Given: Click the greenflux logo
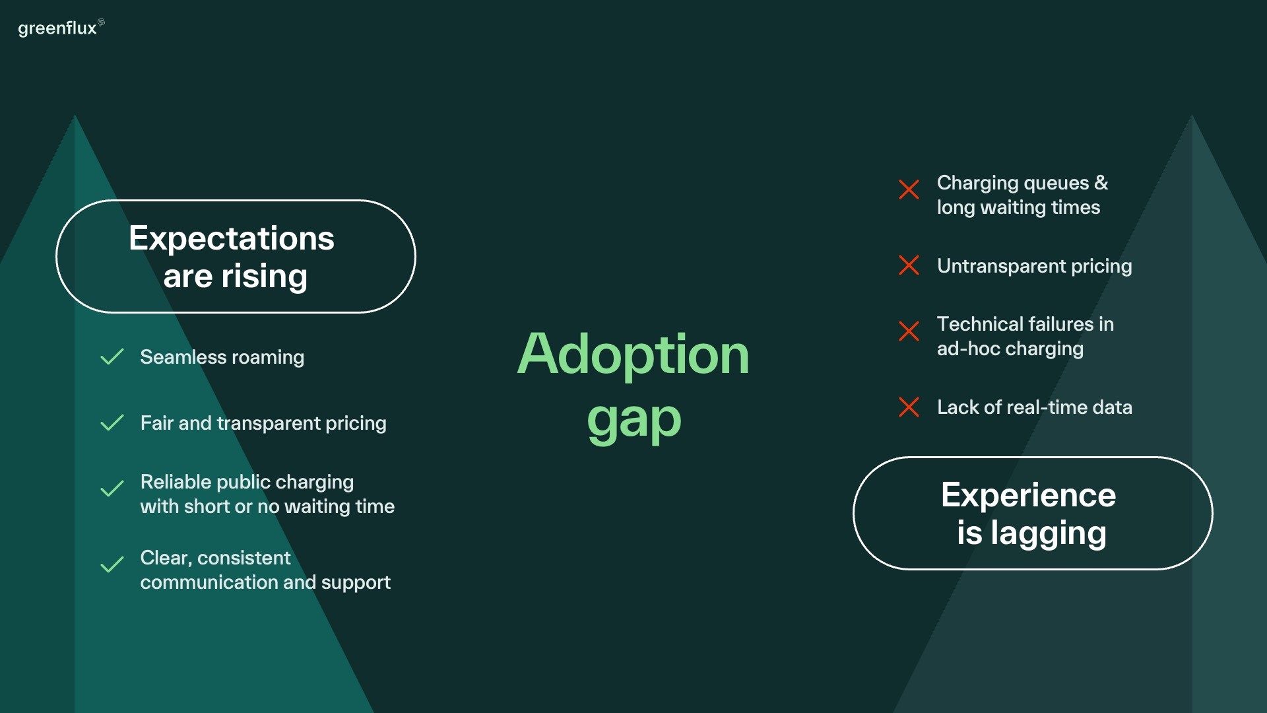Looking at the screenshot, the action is (x=61, y=28).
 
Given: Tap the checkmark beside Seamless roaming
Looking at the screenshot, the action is (x=112, y=356).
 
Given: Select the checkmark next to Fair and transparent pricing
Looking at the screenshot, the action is (x=112, y=423).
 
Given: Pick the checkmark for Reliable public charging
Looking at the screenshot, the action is (x=112, y=489).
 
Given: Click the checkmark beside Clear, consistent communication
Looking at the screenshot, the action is (x=112, y=564).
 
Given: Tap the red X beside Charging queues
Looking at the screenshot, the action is (x=909, y=189).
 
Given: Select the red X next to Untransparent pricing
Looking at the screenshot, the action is (x=909, y=265).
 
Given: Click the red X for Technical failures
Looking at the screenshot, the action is (x=909, y=331).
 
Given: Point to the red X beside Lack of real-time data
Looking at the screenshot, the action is (x=909, y=407).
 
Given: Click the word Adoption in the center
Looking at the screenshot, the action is (x=633, y=354).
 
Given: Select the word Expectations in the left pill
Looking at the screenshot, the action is (x=232, y=239).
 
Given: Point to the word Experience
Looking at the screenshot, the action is (x=1028, y=496).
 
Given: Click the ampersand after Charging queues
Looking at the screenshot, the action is (x=1101, y=182).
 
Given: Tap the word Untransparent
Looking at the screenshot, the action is (x=1001, y=266).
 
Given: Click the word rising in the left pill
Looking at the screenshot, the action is (x=264, y=277).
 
